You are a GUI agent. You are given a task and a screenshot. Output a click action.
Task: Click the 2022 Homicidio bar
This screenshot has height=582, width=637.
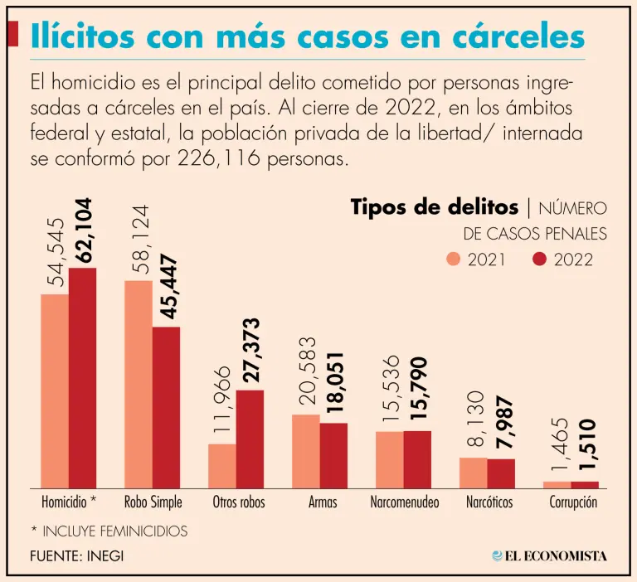click(x=83, y=378)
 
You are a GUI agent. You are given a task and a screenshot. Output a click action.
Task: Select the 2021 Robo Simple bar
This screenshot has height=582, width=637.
click(x=139, y=385)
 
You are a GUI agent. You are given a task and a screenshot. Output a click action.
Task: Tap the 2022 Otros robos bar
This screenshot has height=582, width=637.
click(x=250, y=439)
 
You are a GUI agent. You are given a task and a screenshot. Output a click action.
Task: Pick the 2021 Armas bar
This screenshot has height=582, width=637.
click(x=306, y=452)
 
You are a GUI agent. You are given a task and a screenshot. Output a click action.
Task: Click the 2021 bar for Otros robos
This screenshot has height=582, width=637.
click(x=222, y=466)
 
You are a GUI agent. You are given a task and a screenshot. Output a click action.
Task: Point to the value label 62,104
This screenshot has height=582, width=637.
click(x=84, y=230)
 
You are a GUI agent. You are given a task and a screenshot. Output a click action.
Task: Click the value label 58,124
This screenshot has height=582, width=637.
click(x=139, y=242)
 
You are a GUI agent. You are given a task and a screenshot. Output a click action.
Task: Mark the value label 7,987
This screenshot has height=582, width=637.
click(x=503, y=422)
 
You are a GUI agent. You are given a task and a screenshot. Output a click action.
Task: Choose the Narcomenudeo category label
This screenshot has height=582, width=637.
click(x=405, y=502)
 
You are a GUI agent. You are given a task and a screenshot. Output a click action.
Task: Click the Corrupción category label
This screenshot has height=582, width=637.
click(x=573, y=502)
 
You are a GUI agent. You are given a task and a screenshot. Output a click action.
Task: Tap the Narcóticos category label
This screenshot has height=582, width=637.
click(x=489, y=502)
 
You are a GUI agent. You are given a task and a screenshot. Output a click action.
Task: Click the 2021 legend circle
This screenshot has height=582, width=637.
click(x=454, y=259)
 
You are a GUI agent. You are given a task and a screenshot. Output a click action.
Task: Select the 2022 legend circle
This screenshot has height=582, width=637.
click(x=540, y=259)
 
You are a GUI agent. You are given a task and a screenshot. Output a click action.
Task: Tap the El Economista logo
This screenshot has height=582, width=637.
click(x=549, y=555)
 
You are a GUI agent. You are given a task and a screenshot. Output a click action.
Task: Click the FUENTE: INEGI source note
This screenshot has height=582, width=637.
click(x=76, y=555)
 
